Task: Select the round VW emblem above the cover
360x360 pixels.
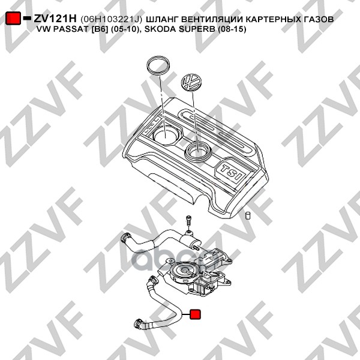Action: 193,81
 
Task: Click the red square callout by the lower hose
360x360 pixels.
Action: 196,314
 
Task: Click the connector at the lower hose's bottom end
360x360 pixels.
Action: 140,325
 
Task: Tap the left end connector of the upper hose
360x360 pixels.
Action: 126,239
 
